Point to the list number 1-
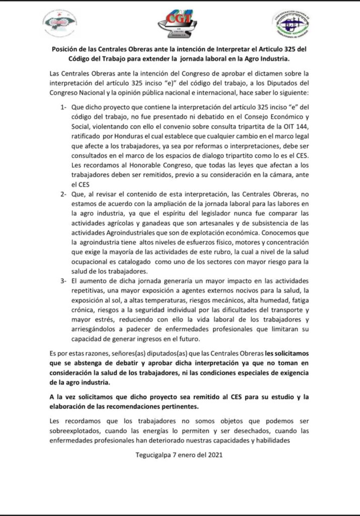click(x=63, y=108)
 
